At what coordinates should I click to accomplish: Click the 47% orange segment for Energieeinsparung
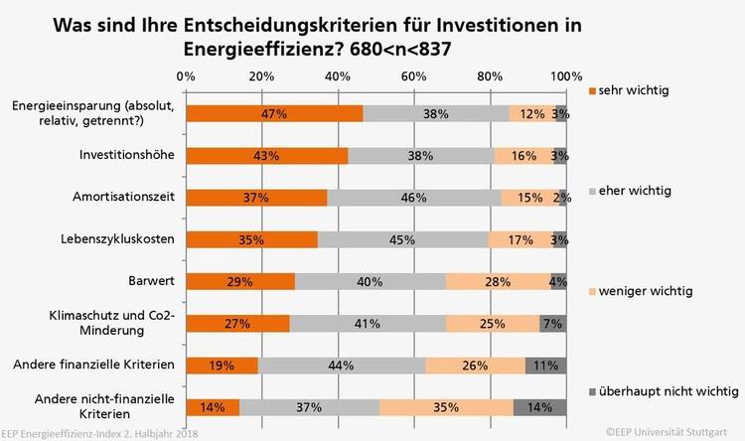[x=274, y=113]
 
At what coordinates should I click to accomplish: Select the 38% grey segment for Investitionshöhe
[x=421, y=156]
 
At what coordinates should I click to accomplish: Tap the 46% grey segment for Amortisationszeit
[x=414, y=198]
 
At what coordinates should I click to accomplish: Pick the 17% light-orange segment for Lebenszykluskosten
[x=521, y=239]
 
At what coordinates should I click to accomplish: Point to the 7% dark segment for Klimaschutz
[x=553, y=324]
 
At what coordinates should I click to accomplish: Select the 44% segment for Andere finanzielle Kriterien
[x=342, y=366]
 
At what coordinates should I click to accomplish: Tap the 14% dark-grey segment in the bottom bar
[x=540, y=407]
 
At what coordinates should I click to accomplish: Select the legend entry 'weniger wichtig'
[x=641, y=292]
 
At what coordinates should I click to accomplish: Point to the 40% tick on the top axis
[x=338, y=76]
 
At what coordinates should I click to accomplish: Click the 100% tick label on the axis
[x=566, y=76]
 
